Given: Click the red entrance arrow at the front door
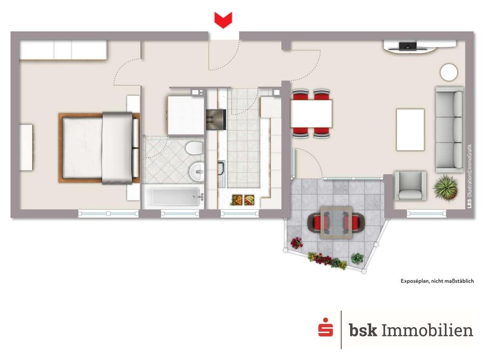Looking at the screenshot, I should click(x=224, y=20).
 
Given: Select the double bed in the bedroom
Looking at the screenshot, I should click(x=99, y=148).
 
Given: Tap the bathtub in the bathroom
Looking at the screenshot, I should click(x=174, y=197).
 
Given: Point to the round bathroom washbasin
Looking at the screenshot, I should click(x=196, y=170).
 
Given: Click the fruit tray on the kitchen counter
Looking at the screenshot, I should click(x=244, y=200).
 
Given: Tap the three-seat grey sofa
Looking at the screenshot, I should click(x=450, y=129).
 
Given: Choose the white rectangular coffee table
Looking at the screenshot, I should click(x=410, y=129).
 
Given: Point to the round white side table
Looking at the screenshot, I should click(x=450, y=72).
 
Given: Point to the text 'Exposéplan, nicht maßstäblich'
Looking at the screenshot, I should click(x=437, y=281).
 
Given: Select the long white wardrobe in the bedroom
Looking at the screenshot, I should click(x=64, y=50).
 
